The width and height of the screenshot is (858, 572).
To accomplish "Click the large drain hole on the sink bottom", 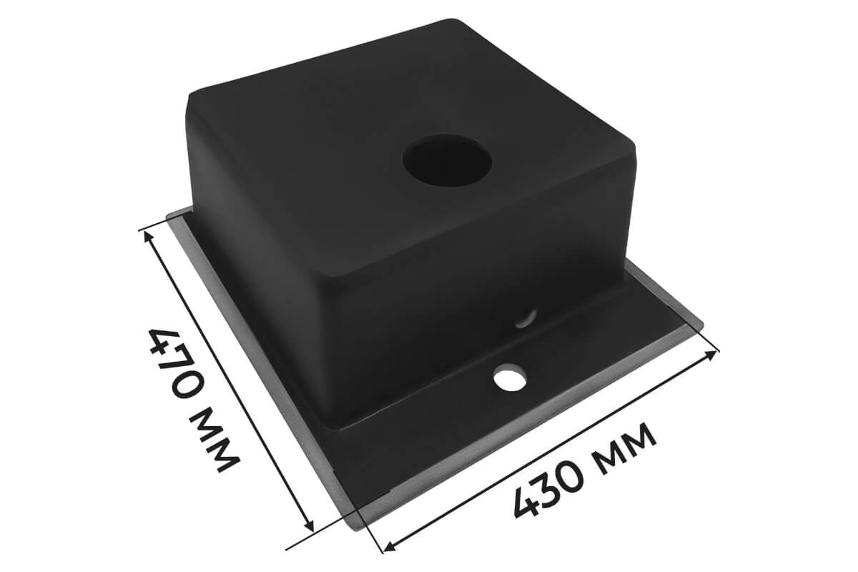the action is click(x=447, y=159).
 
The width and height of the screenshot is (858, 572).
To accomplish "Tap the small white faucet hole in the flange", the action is click(x=510, y=378).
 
